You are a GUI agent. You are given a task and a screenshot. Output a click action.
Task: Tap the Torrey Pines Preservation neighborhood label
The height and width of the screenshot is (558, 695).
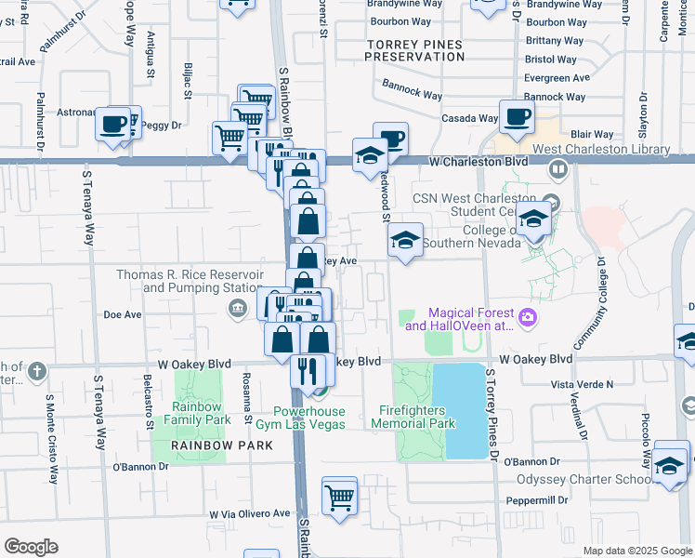(x=414, y=50)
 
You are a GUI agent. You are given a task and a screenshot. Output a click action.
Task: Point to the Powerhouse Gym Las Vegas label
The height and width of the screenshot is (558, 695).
(x=309, y=418)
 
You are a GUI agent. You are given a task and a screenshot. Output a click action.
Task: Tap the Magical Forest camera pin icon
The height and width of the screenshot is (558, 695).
(x=528, y=318)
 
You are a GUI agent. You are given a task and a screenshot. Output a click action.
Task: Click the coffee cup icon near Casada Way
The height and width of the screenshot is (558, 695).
(x=518, y=118)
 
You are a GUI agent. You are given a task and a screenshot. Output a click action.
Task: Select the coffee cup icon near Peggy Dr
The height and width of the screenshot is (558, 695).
(x=113, y=124)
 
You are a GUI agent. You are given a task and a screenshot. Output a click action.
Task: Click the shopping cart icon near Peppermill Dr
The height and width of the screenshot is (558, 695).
(x=340, y=496)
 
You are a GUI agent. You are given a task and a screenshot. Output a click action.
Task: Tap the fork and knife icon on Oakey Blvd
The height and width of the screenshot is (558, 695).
(x=304, y=371)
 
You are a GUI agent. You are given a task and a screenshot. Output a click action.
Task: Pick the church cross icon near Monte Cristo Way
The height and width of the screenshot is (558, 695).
(x=36, y=372)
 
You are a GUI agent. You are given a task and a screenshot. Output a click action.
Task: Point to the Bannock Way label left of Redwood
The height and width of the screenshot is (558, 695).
(x=412, y=93)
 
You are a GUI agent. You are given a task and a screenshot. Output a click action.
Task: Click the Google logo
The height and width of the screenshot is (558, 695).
(x=31, y=547)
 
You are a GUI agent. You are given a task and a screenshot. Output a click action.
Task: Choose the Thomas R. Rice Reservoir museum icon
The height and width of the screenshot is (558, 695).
(x=238, y=308)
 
